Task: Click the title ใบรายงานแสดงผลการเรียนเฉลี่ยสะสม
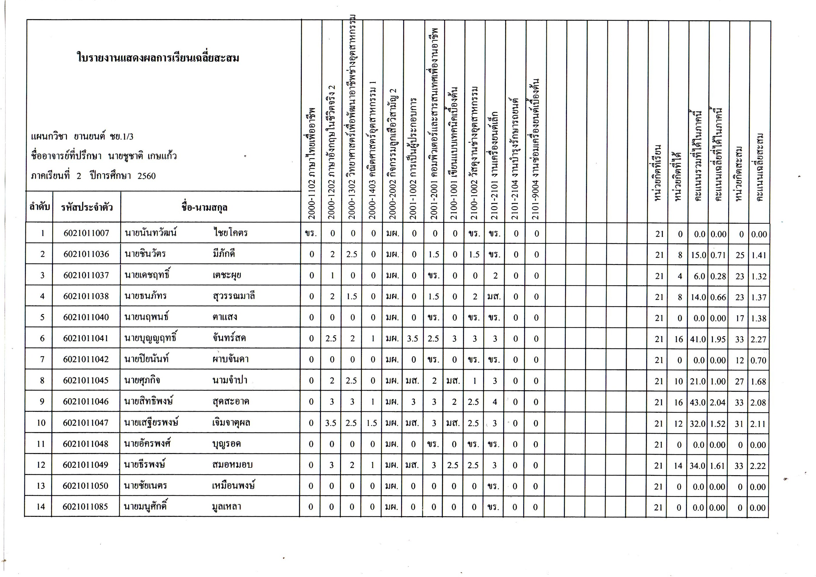point(158,58)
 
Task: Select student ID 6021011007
point(86,233)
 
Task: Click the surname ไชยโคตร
point(231,233)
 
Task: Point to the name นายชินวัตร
point(145,254)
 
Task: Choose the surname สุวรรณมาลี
point(234,296)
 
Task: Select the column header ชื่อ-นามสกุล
point(204,208)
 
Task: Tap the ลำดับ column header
point(40,207)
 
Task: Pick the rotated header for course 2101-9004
point(536,149)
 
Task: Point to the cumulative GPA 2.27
point(758,339)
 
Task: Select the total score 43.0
point(698,403)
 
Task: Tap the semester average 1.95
point(718,339)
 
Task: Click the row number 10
point(41,423)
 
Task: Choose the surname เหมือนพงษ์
point(233,486)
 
